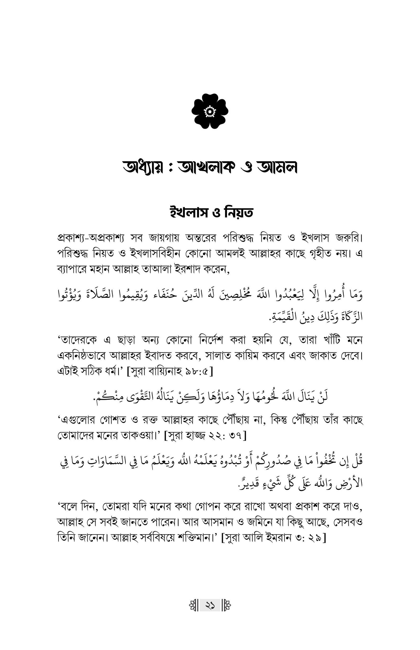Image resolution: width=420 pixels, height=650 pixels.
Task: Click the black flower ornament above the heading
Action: (x=210, y=111)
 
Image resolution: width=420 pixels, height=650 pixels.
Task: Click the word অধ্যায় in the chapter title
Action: (x=143, y=167)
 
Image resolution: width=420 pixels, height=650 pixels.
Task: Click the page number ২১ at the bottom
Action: (x=210, y=606)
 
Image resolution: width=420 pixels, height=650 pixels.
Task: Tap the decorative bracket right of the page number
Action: (x=226, y=606)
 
